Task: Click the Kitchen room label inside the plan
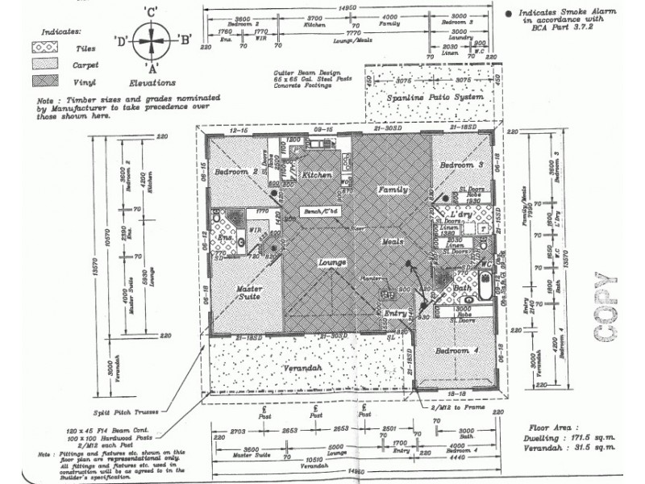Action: [317, 175]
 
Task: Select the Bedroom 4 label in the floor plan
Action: [457, 352]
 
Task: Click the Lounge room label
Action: [332, 263]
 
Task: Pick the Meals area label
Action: [392, 241]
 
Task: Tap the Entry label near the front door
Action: [396, 314]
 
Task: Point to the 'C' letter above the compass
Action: [151, 11]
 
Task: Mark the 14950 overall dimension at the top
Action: [347, 7]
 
